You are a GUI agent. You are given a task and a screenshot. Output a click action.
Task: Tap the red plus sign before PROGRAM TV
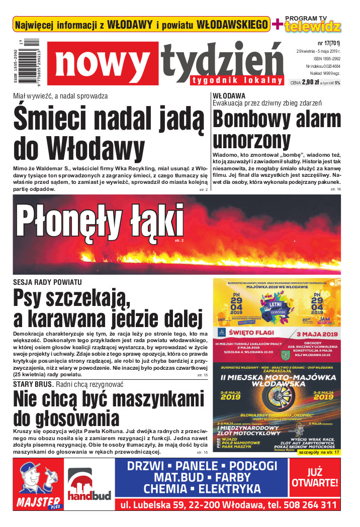coord(277,24)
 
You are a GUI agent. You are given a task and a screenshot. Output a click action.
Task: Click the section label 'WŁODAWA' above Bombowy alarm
coord(229,95)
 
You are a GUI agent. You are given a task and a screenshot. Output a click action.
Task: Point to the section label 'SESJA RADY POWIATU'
coord(47,282)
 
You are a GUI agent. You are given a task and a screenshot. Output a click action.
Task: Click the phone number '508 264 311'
coord(306,504)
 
